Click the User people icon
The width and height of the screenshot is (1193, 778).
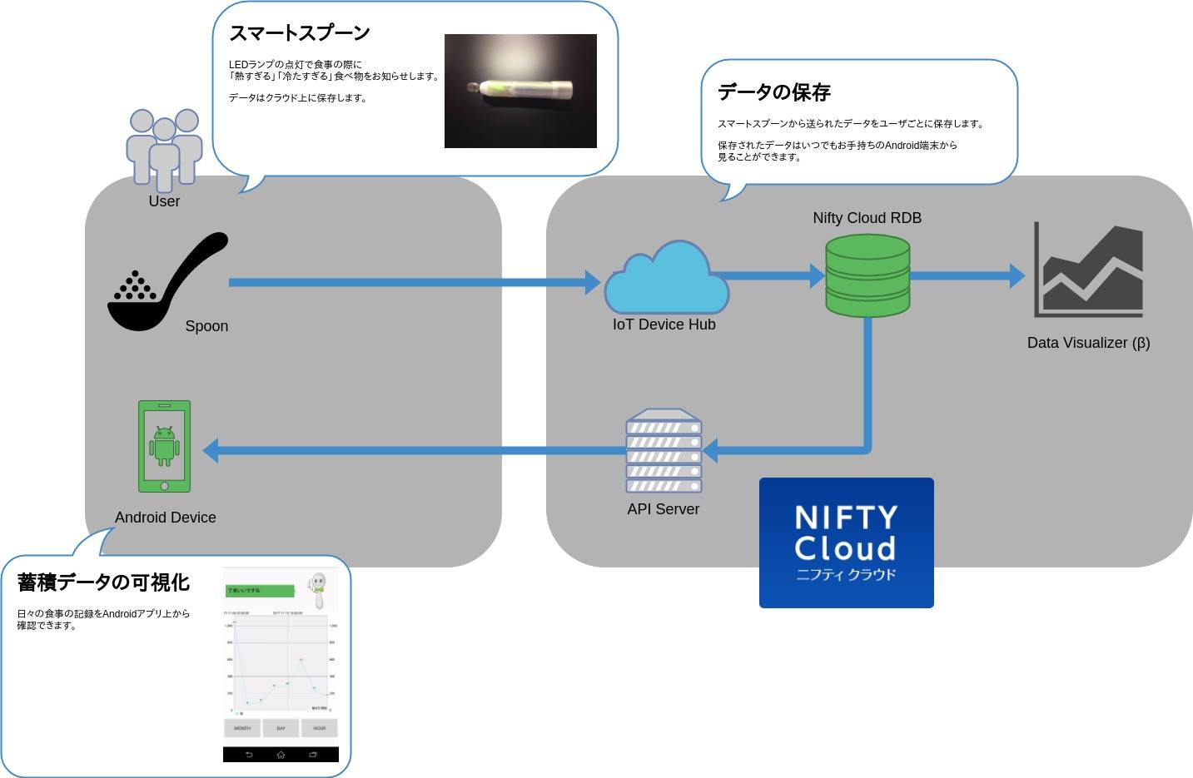coord(164,150)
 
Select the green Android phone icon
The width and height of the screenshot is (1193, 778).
coord(164,447)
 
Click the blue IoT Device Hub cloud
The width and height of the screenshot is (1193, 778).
coord(666,279)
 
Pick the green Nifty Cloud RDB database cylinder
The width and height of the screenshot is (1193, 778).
coord(867,275)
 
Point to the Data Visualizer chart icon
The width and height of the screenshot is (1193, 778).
coord(1089,270)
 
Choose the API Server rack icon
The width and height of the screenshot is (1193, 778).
coord(664,451)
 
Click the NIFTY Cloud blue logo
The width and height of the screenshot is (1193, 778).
coord(846,543)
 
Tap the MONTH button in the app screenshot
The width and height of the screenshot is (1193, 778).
coord(242,728)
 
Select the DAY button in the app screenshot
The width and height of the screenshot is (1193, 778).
coord(281,728)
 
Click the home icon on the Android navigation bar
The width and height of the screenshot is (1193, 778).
coord(281,755)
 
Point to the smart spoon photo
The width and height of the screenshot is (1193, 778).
coord(520,91)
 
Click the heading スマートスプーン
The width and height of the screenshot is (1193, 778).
coord(299,33)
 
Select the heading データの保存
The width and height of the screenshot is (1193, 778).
coord(774,92)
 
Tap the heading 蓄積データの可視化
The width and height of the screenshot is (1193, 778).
coord(103,582)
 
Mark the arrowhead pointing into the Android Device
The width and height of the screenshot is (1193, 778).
coord(211,451)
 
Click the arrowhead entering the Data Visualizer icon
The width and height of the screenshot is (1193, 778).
coord(1017,275)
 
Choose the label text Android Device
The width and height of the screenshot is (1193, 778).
coord(165,518)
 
